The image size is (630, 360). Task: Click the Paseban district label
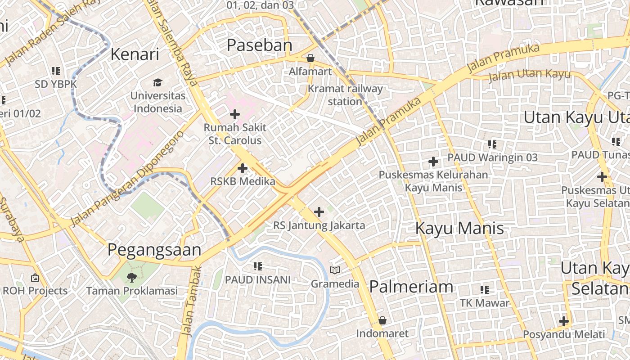[259, 45]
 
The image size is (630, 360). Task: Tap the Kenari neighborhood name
[135, 54]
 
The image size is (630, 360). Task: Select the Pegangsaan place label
[154, 250]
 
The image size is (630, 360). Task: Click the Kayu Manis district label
[459, 228]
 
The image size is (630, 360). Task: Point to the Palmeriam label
[411, 287]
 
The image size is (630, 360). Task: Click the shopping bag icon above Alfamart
[310, 58]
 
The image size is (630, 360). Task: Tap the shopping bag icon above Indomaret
[382, 320]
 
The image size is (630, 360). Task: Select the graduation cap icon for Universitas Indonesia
[157, 82]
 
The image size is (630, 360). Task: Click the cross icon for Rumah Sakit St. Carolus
[234, 114]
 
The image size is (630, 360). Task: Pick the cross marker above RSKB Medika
[243, 168]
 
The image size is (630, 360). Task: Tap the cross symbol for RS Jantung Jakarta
[319, 211]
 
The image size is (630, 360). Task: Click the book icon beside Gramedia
[335, 270]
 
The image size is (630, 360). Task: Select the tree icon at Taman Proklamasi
[131, 277]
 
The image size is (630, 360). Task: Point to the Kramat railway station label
[345, 95]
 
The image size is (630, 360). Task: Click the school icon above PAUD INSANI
[258, 266]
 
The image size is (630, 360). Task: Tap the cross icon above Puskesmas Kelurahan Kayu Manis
[433, 161]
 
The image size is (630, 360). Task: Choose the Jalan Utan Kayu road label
[529, 75]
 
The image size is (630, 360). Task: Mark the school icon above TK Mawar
[484, 289]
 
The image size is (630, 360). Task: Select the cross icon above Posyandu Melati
[563, 321]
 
